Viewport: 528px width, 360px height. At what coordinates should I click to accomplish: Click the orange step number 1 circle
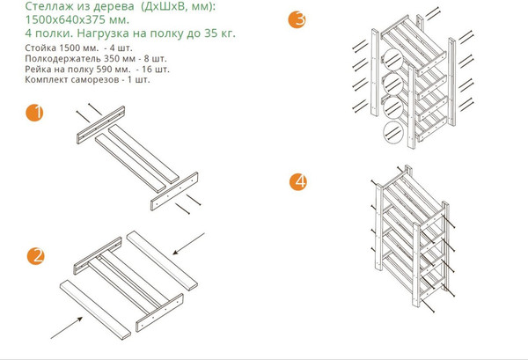point(34,113)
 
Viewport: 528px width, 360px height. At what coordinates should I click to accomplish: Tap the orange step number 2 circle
point(36,256)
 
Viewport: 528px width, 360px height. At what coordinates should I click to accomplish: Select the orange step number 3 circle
point(297,19)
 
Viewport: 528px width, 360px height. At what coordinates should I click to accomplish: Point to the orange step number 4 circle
point(298,182)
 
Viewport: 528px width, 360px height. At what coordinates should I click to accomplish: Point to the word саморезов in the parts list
point(95,80)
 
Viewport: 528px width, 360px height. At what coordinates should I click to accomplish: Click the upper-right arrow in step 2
point(188,244)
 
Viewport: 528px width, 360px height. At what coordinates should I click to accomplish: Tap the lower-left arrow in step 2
point(67,327)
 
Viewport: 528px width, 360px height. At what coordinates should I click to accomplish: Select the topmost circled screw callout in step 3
point(392,59)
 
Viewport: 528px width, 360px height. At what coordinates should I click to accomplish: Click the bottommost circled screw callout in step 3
point(393,132)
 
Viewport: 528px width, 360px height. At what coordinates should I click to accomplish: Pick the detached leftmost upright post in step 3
point(375,72)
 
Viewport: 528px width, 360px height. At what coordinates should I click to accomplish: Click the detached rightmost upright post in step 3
point(451,82)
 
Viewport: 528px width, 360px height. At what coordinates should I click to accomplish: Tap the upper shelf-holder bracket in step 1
point(100,125)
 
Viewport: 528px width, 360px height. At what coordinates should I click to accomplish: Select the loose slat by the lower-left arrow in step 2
point(95,310)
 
